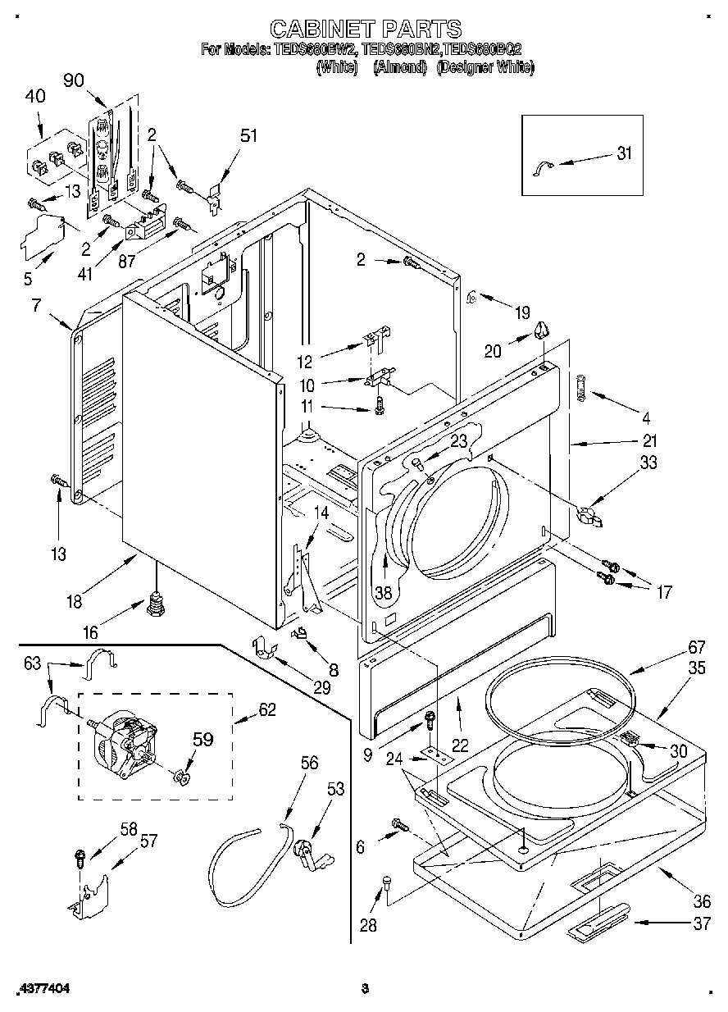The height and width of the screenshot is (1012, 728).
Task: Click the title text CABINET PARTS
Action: (365, 30)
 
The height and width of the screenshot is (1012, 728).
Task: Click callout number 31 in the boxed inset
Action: (625, 154)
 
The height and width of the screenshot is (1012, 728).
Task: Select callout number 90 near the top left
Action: (74, 80)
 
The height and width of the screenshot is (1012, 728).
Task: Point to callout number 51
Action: (248, 135)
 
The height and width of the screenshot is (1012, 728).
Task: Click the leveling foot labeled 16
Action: (154, 608)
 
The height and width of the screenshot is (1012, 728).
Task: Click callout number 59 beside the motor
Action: (202, 739)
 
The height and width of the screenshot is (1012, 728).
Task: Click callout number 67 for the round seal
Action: (673, 646)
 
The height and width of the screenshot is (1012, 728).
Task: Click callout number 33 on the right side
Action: (648, 463)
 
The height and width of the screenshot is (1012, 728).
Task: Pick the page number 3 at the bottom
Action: (365, 989)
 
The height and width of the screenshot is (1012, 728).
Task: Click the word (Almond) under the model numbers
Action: (400, 67)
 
